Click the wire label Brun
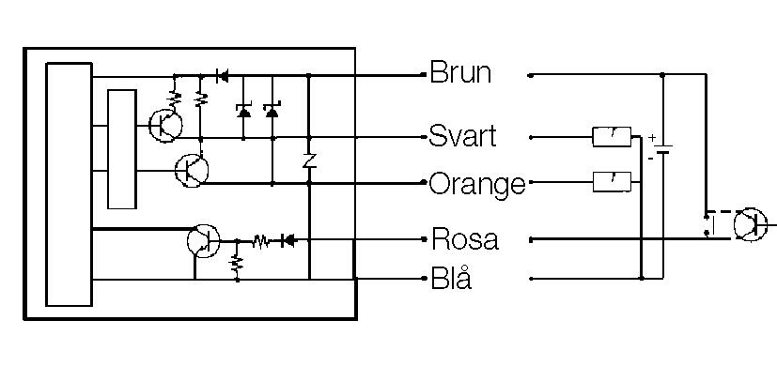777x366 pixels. pos(460,73)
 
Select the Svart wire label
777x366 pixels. pos(462,136)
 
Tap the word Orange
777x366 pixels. pos(476,184)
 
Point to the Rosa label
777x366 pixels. pos(464,238)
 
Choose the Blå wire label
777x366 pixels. pos(451,279)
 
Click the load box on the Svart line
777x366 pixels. pos(612,137)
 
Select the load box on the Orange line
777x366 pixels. pos(612,181)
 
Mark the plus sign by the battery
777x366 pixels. pos(650,137)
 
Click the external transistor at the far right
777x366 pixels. pos(749,225)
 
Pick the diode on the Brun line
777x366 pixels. pos(223,75)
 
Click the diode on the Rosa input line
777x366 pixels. pos(288,241)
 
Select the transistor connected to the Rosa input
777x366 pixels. pos(202,240)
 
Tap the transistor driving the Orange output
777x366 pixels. pos(191,170)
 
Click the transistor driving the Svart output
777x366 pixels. pos(165,124)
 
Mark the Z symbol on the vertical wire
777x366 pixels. pos(308,160)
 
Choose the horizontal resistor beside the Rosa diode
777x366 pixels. pos(261,241)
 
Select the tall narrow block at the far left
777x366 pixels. pos(70,184)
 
